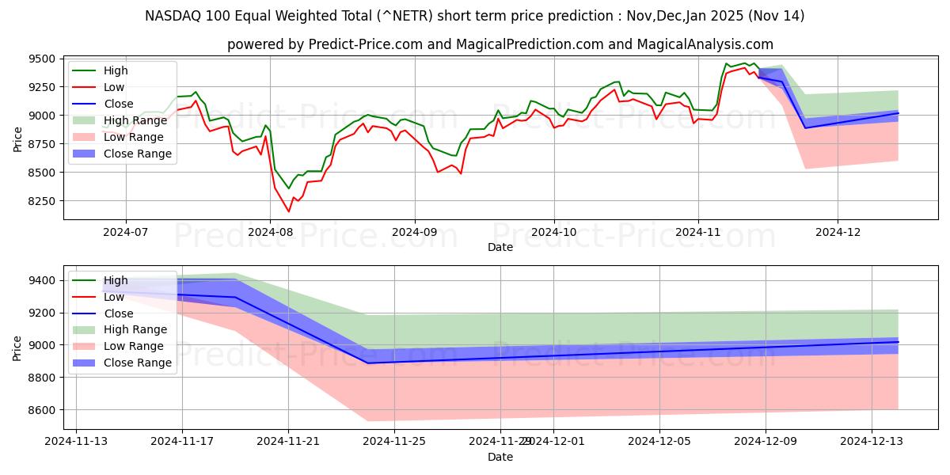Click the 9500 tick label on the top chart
click(42, 59)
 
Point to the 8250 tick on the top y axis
click(42, 201)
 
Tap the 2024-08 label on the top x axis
click(270, 233)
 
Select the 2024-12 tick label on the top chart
click(838, 233)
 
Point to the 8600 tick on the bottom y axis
click(42, 410)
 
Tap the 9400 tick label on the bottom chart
click(42, 280)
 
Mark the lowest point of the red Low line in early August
click(288, 211)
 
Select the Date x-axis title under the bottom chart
click(500, 457)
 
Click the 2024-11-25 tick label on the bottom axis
click(394, 442)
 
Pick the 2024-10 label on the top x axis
click(553, 233)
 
